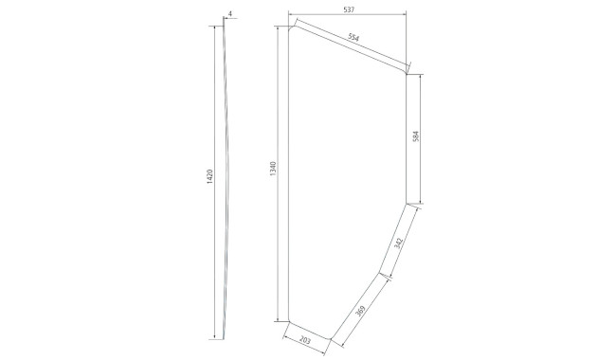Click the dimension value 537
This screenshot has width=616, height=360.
349,9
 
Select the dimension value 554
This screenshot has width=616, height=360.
353,38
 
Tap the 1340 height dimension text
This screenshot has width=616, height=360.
274,169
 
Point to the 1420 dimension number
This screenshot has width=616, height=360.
209,176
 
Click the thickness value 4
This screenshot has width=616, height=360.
230,14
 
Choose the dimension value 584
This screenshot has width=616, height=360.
416,135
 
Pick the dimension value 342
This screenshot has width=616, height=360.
398,243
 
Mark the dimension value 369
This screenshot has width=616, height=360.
360,311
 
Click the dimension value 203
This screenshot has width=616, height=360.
305,340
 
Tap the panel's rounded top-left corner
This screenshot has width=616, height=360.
290,28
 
